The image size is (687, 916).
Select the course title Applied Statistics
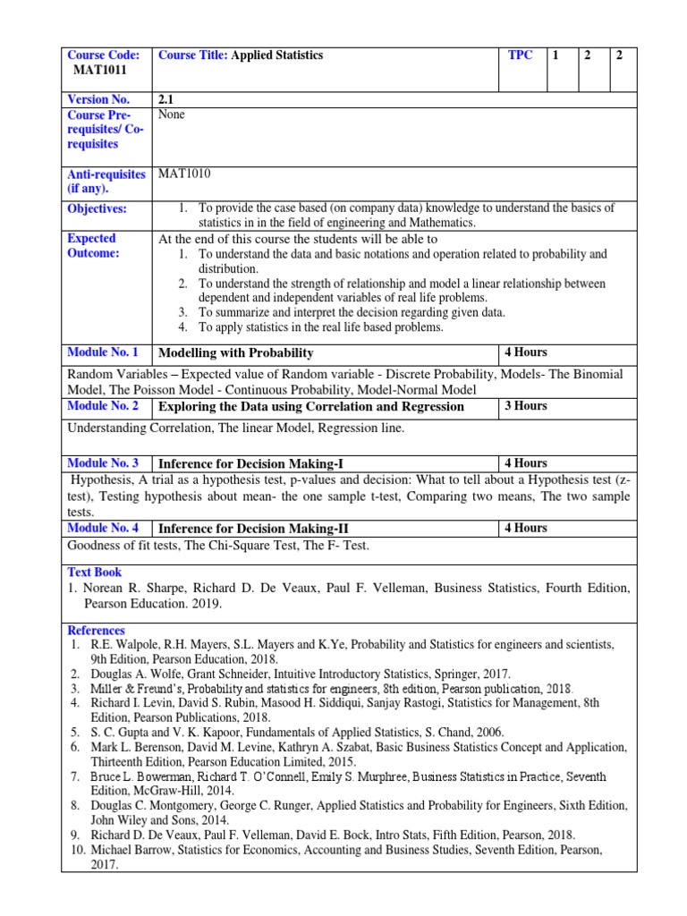(x=276, y=55)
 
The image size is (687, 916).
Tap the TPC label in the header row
(x=520, y=55)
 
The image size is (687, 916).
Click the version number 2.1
(x=167, y=99)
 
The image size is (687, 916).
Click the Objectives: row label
(x=97, y=208)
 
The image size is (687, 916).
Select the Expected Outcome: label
(x=92, y=246)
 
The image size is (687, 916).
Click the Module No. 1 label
(x=103, y=352)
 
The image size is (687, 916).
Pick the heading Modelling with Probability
(x=235, y=353)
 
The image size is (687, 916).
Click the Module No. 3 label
(x=103, y=463)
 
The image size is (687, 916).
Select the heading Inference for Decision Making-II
(x=254, y=529)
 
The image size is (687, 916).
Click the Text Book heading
(x=95, y=572)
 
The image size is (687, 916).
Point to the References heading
(x=96, y=631)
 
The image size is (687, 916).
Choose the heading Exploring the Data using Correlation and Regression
(x=311, y=407)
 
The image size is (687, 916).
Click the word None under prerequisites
(x=171, y=114)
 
